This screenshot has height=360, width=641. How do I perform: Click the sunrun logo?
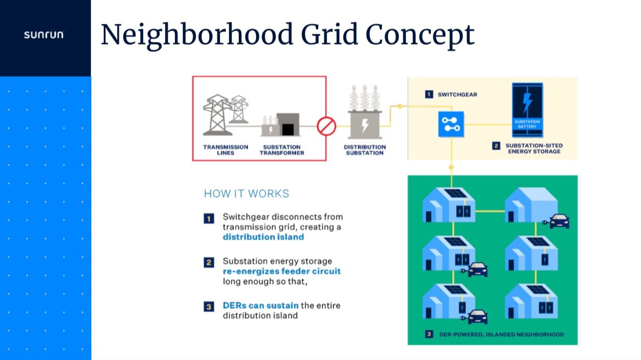click(x=44, y=35)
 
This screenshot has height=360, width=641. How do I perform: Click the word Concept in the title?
click(x=420, y=35)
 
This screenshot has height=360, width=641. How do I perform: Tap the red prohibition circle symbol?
click(x=326, y=126)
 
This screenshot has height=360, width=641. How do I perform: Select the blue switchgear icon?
click(x=451, y=124)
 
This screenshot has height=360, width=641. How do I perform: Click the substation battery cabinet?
click(x=527, y=110)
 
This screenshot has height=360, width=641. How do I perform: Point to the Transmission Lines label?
click(x=225, y=150)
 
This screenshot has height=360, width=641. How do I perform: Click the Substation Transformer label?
click(x=282, y=150)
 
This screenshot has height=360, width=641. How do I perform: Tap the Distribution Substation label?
click(x=364, y=150)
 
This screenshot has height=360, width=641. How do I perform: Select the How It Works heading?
click(x=247, y=193)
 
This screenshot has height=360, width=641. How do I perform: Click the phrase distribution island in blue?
click(x=263, y=237)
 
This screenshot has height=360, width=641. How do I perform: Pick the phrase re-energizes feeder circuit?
click(x=282, y=271)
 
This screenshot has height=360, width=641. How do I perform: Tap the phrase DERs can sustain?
click(x=261, y=306)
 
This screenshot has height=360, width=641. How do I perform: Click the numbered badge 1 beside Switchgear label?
click(x=429, y=94)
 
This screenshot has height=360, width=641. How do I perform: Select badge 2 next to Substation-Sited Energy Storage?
click(x=496, y=146)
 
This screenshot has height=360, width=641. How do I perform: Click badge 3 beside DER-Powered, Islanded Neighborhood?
click(x=429, y=334)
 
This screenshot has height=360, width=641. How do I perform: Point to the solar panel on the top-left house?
click(x=456, y=193)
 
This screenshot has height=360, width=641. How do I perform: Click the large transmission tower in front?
click(x=217, y=115)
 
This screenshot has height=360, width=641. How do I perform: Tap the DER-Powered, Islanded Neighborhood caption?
click(x=501, y=334)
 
